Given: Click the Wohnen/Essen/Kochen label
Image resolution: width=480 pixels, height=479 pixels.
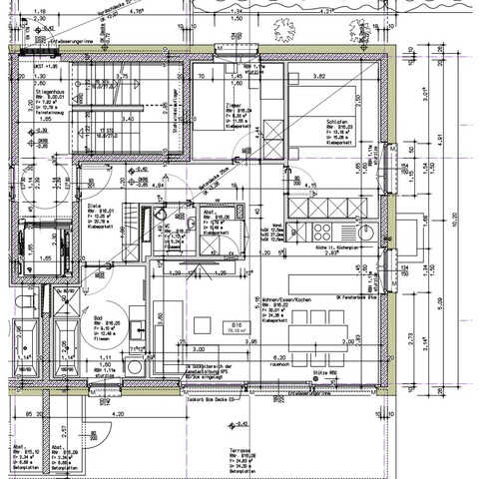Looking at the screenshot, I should (x=288, y=299).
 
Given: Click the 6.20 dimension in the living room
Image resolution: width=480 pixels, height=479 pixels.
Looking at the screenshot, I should (x=279, y=357).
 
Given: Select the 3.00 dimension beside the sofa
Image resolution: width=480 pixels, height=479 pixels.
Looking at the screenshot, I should (x=199, y=349).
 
